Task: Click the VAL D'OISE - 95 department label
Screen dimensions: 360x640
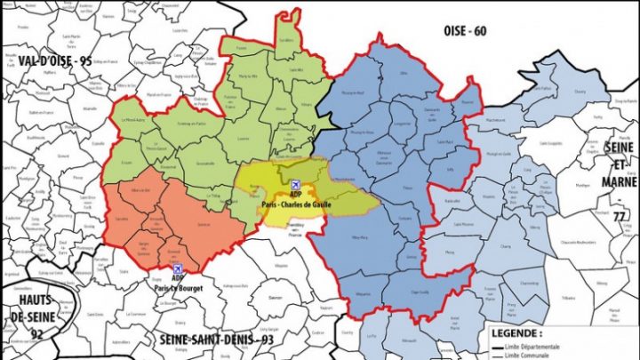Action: [54, 60]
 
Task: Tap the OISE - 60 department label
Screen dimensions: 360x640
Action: [466, 32]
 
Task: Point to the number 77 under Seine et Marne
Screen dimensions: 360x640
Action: [618, 216]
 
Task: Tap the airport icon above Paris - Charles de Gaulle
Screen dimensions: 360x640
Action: [295, 184]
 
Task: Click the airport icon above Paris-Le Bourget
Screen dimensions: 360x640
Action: [177, 268]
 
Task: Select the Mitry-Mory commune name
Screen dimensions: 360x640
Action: [360, 238]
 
